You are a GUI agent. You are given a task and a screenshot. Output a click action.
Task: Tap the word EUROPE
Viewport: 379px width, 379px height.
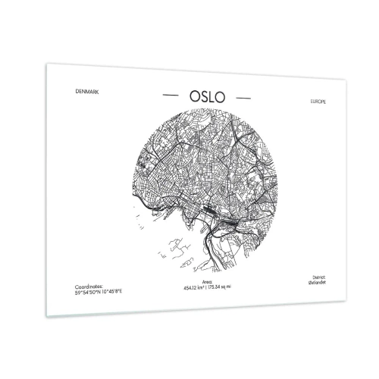click(x=319, y=102)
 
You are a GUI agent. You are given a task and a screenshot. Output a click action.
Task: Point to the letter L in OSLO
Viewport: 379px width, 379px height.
click(x=209, y=98)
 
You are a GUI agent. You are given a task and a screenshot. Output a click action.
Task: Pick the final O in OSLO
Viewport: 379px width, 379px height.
click(x=224, y=98)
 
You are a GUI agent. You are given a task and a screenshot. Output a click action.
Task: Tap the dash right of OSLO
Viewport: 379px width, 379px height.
click(x=244, y=99)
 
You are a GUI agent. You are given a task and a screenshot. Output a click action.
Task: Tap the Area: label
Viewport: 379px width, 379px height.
click(x=191, y=283)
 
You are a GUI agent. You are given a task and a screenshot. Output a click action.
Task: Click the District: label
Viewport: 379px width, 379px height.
click(x=318, y=275)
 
